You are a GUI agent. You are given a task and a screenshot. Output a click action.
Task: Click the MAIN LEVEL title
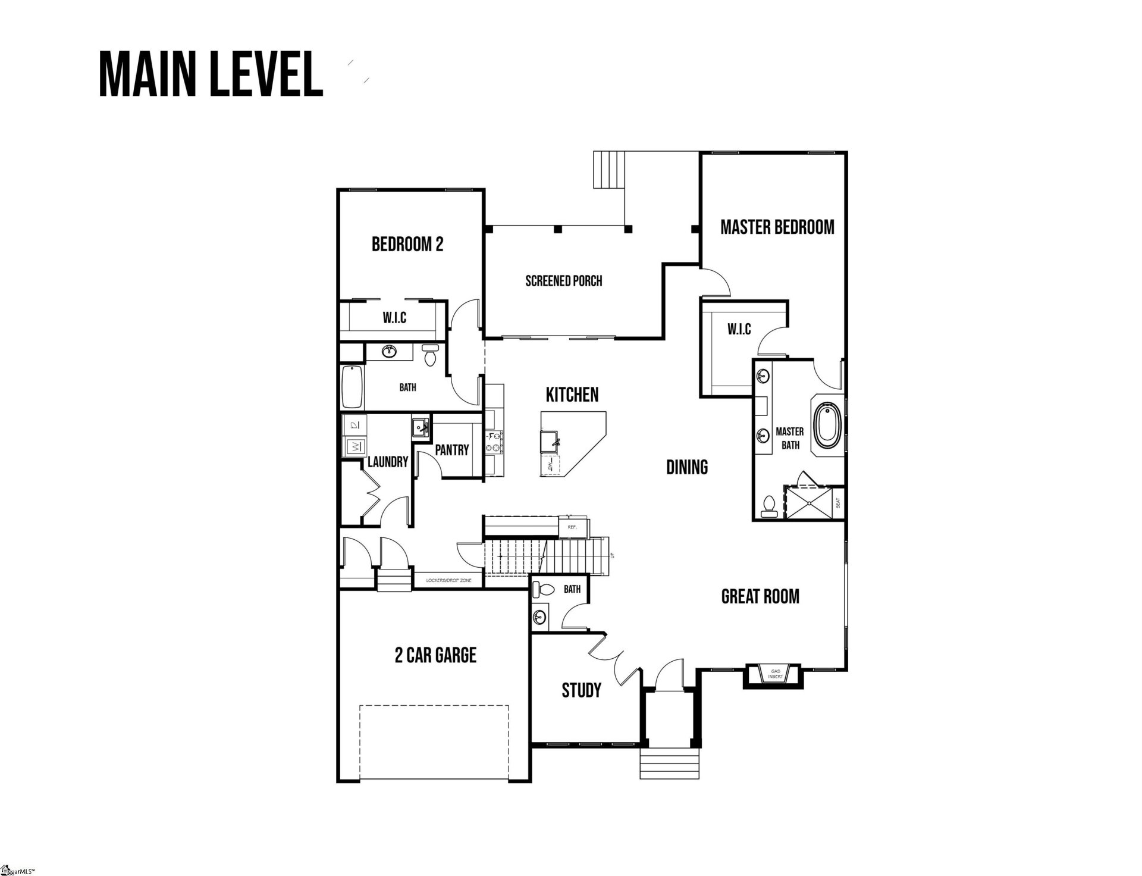coord(211,74)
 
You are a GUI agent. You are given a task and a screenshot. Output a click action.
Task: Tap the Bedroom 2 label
coord(407,245)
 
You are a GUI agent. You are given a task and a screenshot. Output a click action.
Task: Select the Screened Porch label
coord(563,281)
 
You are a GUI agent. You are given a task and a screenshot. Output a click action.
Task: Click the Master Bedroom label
coord(777,227)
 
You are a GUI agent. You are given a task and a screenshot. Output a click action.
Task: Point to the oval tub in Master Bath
coord(824,426)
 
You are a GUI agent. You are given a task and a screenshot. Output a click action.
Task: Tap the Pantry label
coord(451,450)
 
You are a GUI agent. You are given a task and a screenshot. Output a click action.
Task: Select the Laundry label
coord(388,462)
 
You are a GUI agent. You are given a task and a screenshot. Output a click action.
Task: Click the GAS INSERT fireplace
coord(775,674)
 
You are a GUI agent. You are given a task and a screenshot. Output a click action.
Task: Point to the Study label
coord(581,690)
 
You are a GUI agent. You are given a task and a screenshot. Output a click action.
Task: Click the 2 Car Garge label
coord(435,655)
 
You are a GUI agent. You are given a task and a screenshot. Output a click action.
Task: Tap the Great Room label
coord(760,596)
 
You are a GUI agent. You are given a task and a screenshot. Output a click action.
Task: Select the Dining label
coord(687,467)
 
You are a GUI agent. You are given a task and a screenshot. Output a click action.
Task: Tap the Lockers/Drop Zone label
coord(448,580)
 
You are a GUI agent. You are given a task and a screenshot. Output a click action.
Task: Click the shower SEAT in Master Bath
coord(839,503)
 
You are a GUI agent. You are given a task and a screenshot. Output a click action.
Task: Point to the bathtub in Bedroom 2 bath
coord(352,386)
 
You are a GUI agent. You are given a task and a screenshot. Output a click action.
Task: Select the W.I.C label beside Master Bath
coord(739,329)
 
